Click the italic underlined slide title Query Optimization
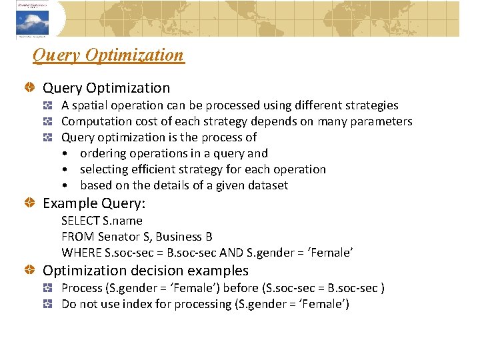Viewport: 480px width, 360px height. [108, 55]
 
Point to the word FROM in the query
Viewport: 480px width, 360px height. [77, 237]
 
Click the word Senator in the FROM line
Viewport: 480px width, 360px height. [119, 237]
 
